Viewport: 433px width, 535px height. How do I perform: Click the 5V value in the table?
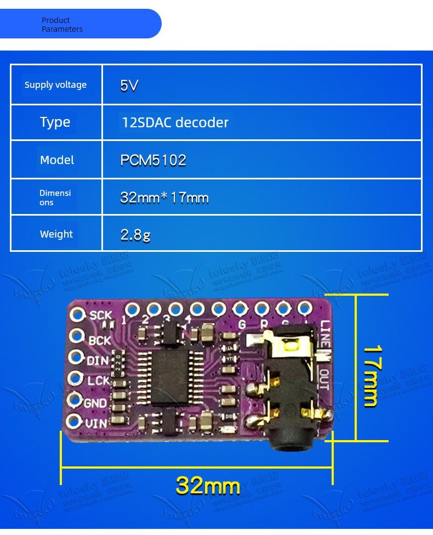(129, 86)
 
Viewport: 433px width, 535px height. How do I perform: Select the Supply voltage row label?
(55, 85)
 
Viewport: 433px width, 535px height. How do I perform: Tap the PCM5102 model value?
(153, 160)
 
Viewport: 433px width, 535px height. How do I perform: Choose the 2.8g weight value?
(135, 235)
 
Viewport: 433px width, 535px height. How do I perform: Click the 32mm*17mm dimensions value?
(164, 198)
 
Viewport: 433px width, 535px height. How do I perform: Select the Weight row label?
(56, 234)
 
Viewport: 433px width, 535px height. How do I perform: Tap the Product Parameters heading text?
(62, 25)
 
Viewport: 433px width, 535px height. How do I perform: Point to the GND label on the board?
(95, 403)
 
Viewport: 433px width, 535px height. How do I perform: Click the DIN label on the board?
(99, 361)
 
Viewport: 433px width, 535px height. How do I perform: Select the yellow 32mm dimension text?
(208, 486)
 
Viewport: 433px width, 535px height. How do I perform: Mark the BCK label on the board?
(100, 341)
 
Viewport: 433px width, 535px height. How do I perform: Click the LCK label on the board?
(97, 381)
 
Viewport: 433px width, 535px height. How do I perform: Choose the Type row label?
(55, 122)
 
